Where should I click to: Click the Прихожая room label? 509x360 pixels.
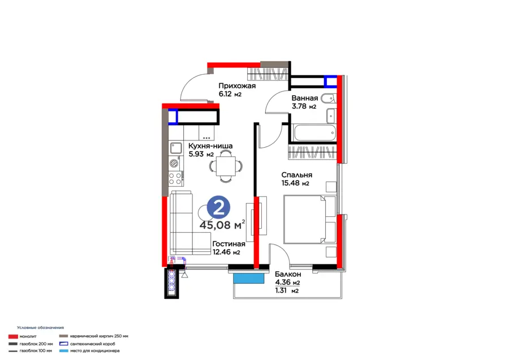tap(237, 86)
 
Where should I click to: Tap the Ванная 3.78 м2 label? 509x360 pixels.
tap(304, 102)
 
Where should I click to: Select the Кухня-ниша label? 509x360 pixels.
tap(210, 146)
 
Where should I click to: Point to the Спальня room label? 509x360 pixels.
tap(297, 175)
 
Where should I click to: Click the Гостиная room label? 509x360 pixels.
tap(228, 244)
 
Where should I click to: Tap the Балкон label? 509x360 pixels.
tap(288, 274)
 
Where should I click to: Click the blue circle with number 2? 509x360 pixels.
tap(218, 207)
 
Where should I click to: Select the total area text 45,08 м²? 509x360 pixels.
tap(222, 225)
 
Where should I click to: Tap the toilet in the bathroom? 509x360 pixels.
tap(329, 98)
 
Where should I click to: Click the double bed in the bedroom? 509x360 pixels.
tap(310, 219)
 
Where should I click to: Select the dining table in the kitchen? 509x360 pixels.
tap(226, 166)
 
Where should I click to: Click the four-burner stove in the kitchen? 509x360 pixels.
tap(175, 179)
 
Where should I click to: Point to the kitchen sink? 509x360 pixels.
tap(176, 148)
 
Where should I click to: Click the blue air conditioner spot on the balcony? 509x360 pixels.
tap(249, 278)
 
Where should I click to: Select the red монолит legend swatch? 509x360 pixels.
tap(13, 337)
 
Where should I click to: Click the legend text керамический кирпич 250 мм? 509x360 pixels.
tap(99, 336)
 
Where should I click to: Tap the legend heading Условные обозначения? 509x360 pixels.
tap(41, 328)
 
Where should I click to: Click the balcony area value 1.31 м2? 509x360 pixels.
tap(287, 291)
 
